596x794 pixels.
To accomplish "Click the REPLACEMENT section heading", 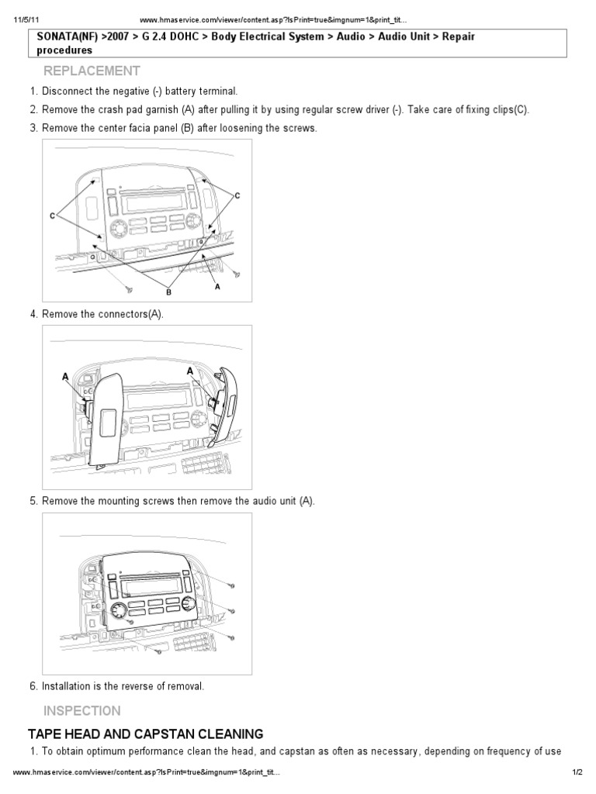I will (x=92, y=71).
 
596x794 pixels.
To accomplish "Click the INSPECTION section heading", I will (x=81, y=711).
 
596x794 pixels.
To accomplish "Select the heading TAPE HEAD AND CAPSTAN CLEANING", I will (x=145, y=734).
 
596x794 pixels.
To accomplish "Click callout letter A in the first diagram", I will (x=217, y=285).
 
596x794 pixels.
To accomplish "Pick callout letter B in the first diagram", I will (x=168, y=293).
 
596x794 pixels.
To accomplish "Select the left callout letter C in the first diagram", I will (x=53, y=216).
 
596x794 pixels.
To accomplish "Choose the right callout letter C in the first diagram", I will (x=237, y=195).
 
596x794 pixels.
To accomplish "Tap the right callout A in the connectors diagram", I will (x=189, y=371).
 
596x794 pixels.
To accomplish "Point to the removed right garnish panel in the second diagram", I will (x=227, y=407).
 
